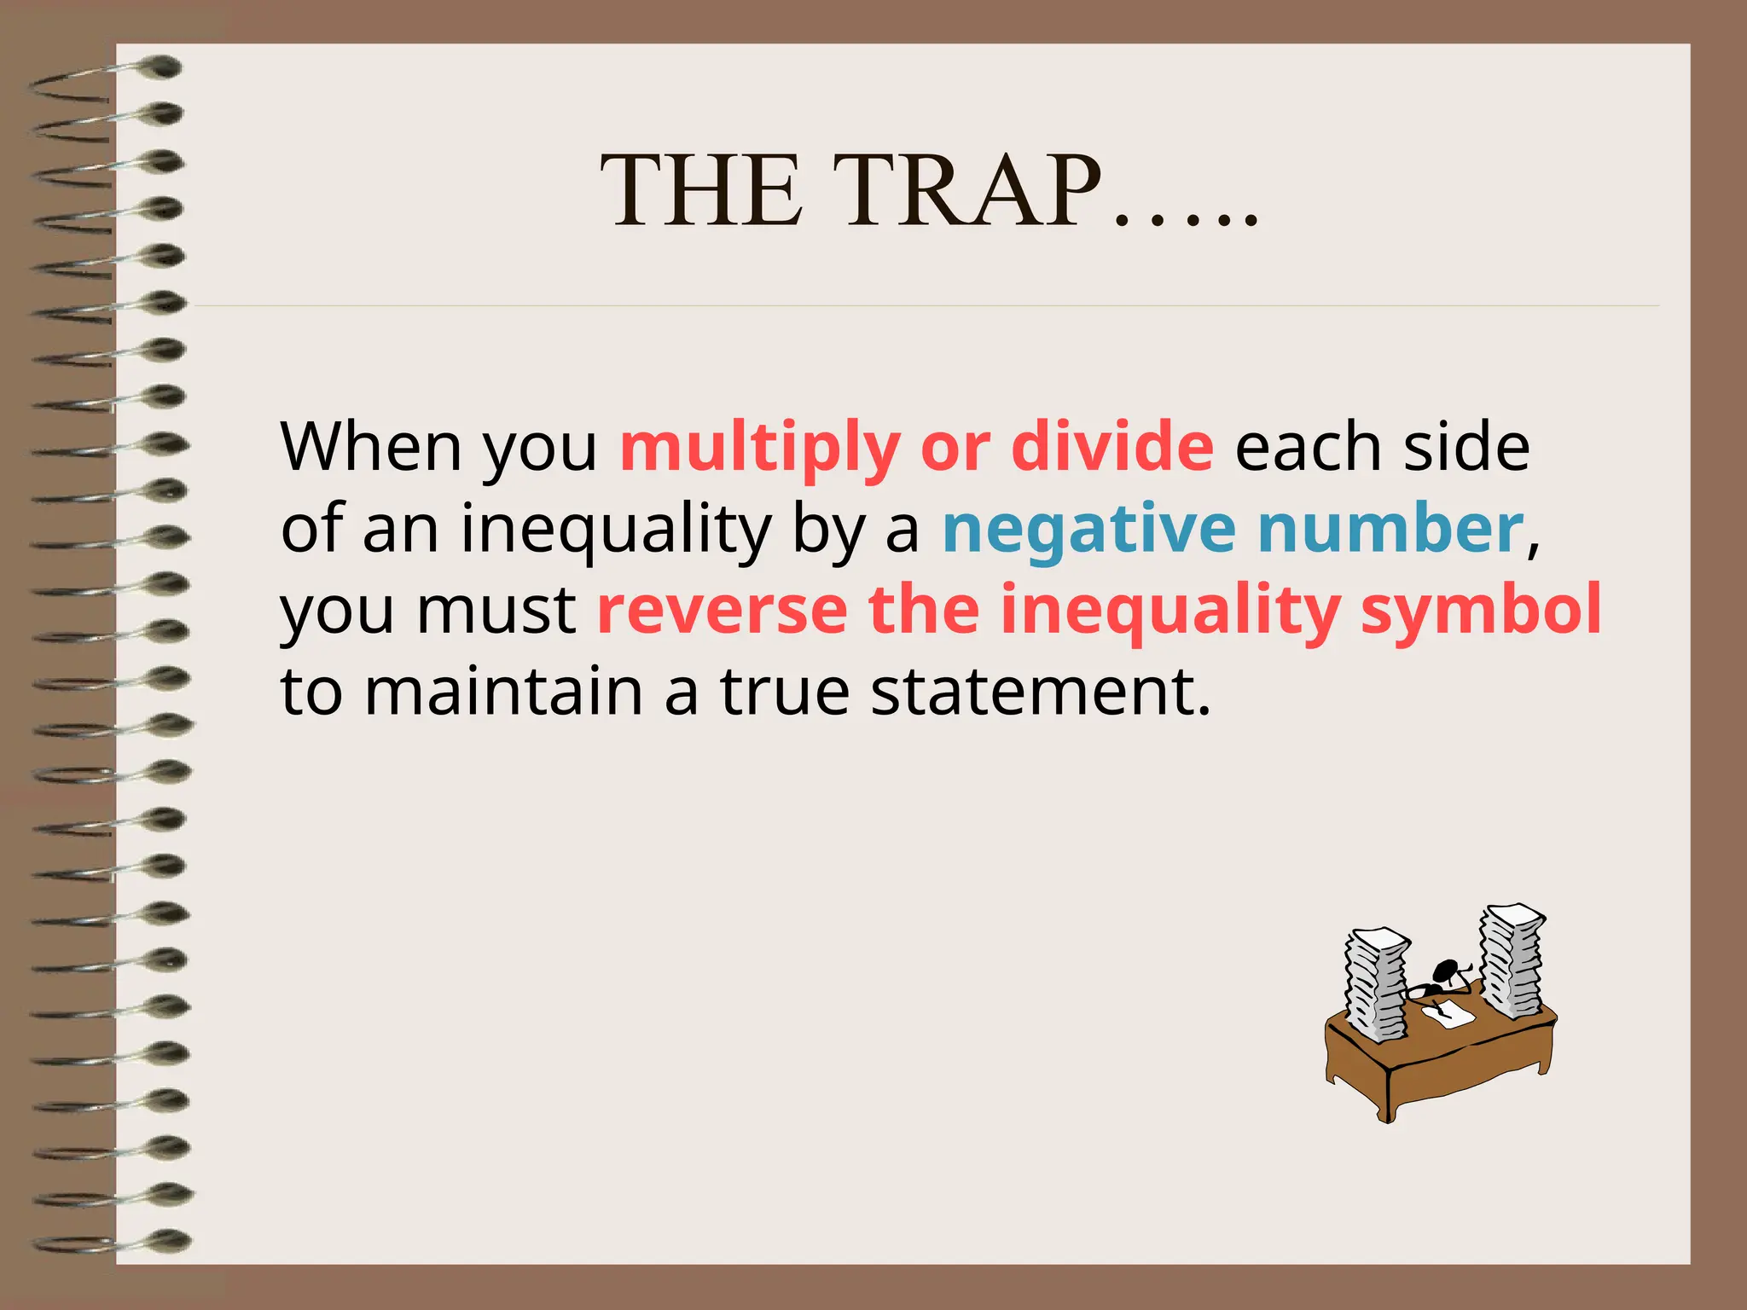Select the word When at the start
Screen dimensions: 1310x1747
coord(371,446)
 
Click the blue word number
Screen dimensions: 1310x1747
coord(1390,528)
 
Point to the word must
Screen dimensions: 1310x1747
coord(496,611)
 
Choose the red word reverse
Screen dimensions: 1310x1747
coord(722,611)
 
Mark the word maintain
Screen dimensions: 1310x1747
coord(503,691)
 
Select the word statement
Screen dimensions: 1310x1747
coord(1041,691)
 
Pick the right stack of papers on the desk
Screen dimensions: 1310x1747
coord(1511,959)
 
